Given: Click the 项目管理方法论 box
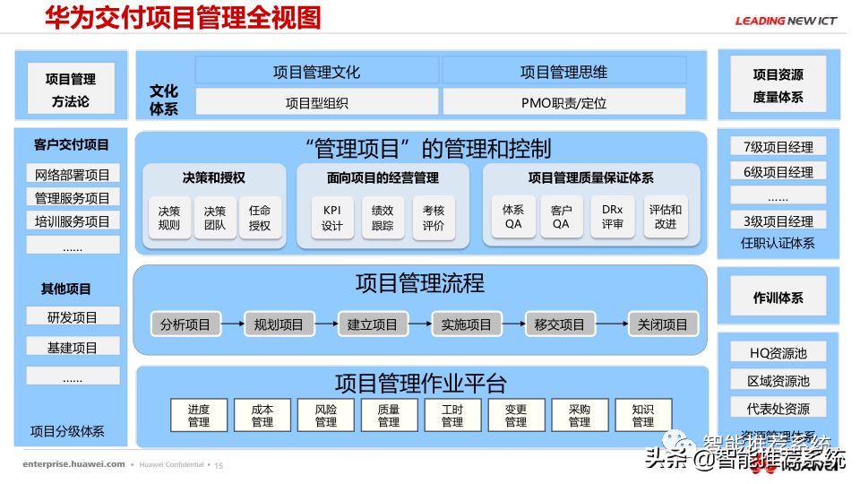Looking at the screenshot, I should [70, 89].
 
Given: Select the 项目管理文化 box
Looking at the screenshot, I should [316, 72].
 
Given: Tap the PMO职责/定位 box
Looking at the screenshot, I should [563, 102].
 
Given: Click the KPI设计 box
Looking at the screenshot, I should [331, 218].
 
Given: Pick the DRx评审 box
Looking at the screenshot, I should [613, 217].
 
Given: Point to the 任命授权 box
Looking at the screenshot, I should [260, 218].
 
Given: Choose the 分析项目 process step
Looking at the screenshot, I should [185, 324].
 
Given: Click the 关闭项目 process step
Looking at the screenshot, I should [663, 324].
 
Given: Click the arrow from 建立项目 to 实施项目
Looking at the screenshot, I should [419, 324].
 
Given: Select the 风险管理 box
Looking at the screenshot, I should [326, 415].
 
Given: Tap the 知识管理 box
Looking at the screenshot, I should [642, 415].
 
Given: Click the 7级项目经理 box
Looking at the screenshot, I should [778, 146].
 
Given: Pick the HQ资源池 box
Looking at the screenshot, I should [778, 352].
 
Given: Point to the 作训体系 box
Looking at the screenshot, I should [778, 298].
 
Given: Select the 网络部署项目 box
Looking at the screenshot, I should [73, 174].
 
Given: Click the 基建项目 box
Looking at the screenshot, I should [73, 347].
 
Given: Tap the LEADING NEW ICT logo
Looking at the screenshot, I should [786, 21].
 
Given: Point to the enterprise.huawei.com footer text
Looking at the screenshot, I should [73, 465].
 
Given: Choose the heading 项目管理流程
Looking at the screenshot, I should [419, 284].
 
